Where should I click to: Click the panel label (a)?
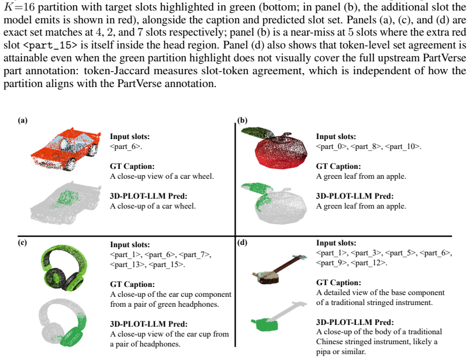(x=22, y=120)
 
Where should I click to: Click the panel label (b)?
(x=242, y=120)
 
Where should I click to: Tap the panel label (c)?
(x=22, y=243)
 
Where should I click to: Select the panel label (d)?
(x=242, y=243)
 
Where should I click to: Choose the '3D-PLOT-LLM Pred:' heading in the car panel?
(x=148, y=196)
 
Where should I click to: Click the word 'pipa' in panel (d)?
(x=323, y=352)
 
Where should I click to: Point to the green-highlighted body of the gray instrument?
(x=265, y=324)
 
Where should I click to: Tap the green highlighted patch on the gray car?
(x=67, y=198)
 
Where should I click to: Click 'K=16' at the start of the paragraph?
(x=19, y=6)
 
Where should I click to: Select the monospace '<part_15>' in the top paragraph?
(x=50, y=45)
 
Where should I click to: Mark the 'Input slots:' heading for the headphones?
(x=130, y=245)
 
